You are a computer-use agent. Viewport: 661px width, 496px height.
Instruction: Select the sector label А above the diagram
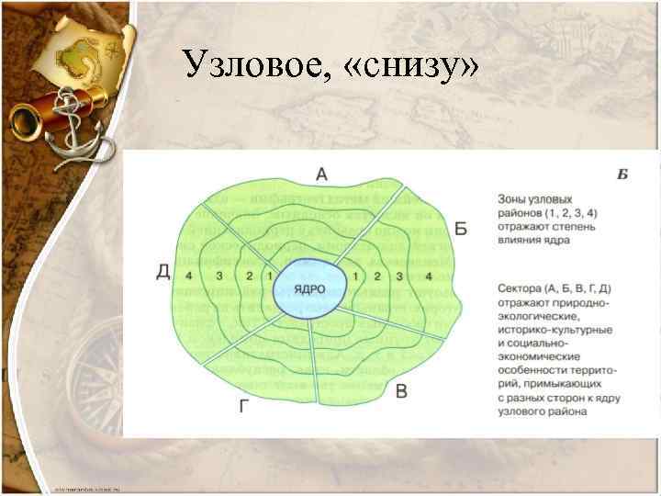(321, 172)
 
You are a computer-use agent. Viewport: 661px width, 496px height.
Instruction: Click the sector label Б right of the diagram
(461, 229)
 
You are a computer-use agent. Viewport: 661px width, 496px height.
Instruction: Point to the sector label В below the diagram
(401, 392)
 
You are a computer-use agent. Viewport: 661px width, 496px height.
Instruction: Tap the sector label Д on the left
(163, 271)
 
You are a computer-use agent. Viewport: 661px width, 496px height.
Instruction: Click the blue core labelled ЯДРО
(310, 287)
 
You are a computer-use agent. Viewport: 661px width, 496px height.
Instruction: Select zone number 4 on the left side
(188, 276)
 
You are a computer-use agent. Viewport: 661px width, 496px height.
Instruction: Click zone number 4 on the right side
(429, 276)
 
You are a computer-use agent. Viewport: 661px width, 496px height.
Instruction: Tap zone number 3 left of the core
(218, 276)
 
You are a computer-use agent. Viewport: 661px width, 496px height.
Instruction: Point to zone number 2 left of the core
(250, 276)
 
